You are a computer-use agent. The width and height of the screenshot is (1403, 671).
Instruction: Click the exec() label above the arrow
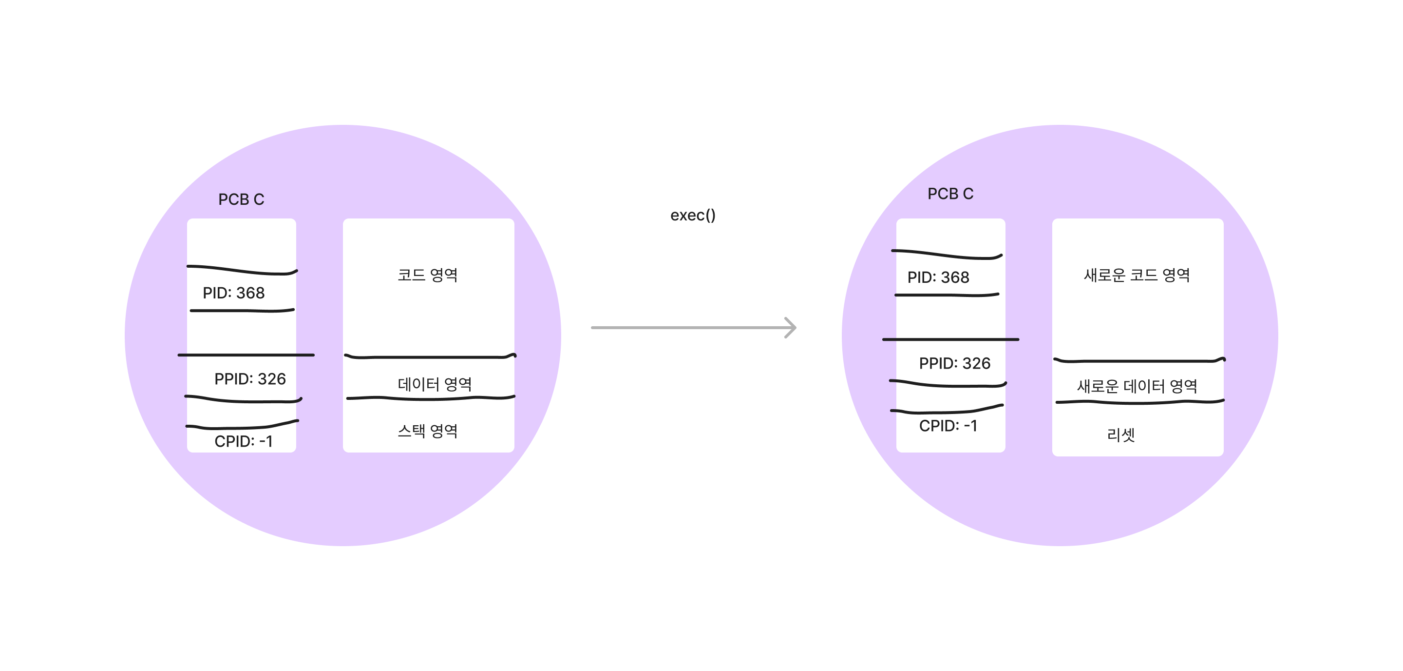pyautogui.click(x=692, y=216)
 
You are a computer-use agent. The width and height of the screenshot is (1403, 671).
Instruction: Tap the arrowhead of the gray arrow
pyautogui.click(x=791, y=328)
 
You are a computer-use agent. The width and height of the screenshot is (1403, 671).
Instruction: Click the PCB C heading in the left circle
pyautogui.click(x=241, y=199)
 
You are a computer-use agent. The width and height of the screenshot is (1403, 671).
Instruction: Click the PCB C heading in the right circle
pyautogui.click(x=950, y=194)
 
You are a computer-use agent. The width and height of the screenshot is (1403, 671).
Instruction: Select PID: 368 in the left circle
pyautogui.click(x=233, y=293)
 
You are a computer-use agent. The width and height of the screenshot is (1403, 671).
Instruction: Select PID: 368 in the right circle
pyautogui.click(x=938, y=277)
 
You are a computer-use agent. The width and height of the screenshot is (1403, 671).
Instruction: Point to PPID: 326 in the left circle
pyautogui.click(x=249, y=379)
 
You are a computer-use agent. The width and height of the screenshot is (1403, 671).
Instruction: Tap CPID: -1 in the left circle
pyautogui.click(x=243, y=441)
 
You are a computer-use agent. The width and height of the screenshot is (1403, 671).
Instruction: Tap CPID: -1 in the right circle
pyautogui.click(x=948, y=426)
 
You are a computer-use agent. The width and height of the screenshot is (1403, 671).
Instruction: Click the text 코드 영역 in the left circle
pyautogui.click(x=428, y=275)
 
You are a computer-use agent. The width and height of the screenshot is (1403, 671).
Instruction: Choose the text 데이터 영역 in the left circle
pyautogui.click(x=434, y=384)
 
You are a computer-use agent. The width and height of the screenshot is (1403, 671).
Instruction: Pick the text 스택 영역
pyautogui.click(x=428, y=431)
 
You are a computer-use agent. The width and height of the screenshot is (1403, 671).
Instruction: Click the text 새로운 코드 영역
pyautogui.click(x=1137, y=275)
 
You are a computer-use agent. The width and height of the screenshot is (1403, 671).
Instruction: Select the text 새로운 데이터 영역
pyautogui.click(x=1137, y=387)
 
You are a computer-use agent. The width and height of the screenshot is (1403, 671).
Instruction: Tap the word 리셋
pyautogui.click(x=1120, y=435)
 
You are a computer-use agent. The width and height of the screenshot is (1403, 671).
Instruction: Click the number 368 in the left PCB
pyautogui.click(x=250, y=293)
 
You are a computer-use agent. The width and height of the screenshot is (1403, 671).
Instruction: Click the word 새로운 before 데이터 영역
pyautogui.click(x=1098, y=387)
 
